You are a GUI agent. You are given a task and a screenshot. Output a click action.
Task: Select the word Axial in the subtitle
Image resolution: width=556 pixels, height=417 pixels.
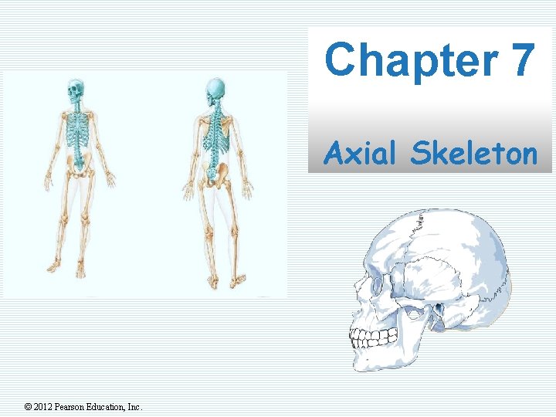point(363,154)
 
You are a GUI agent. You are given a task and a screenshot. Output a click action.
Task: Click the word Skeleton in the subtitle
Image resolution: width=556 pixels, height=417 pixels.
point(473,154)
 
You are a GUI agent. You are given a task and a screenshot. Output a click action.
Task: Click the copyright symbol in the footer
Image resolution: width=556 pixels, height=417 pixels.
point(29,407)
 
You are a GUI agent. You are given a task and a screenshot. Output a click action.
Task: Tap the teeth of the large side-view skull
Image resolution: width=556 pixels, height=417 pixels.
point(375,338)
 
